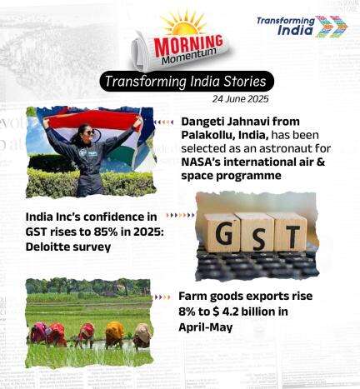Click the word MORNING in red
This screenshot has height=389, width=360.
tap(188, 44)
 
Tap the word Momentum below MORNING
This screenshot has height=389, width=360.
tap(189, 56)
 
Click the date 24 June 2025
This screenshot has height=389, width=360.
tap(241, 99)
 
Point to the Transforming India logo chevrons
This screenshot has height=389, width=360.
tap(332, 27)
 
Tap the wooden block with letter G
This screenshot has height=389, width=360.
tap(222, 232)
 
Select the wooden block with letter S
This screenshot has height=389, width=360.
tap(257, 232)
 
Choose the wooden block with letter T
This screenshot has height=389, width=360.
tap(291, 232)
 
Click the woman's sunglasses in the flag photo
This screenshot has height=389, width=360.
tap(91, 132)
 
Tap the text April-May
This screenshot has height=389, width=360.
tap(206, 327)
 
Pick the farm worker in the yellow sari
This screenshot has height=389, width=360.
tap(114, 335)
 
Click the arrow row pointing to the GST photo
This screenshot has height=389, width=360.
tap(180, 215)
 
